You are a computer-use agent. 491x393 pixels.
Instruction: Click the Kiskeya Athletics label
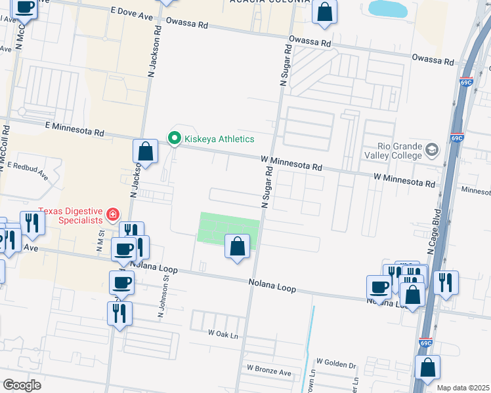(x=219, y=139)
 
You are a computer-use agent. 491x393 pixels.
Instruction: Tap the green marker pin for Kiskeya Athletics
(x=175, y=138)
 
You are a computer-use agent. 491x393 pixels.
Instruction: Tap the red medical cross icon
(x=113, y=214)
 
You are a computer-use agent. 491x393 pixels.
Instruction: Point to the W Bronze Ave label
(x=268, y=372)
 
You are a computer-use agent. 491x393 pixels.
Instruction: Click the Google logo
(x=22, y=384)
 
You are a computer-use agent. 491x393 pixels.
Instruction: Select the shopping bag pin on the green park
(x=238, y=247)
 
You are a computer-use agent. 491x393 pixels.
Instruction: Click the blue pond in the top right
(x=387, y=9)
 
